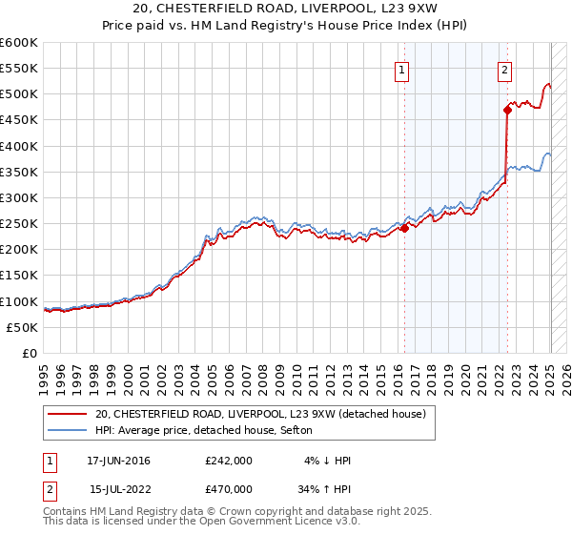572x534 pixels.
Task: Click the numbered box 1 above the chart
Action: tap(402, 69)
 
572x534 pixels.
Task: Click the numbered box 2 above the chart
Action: tap(503, 69)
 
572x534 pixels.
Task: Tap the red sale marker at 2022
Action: tap(507, 110)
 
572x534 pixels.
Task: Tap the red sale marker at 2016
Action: tap(404, 228)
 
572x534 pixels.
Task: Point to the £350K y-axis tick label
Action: tap(19, 173)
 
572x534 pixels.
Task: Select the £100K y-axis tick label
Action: tap(19, 301)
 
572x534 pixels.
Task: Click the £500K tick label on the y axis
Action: tap(19, 94)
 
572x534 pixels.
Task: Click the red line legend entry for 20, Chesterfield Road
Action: tap(266, 414)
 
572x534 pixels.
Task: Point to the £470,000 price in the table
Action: tap(229, 488)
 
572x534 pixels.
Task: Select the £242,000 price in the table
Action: tap(229, 461)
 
